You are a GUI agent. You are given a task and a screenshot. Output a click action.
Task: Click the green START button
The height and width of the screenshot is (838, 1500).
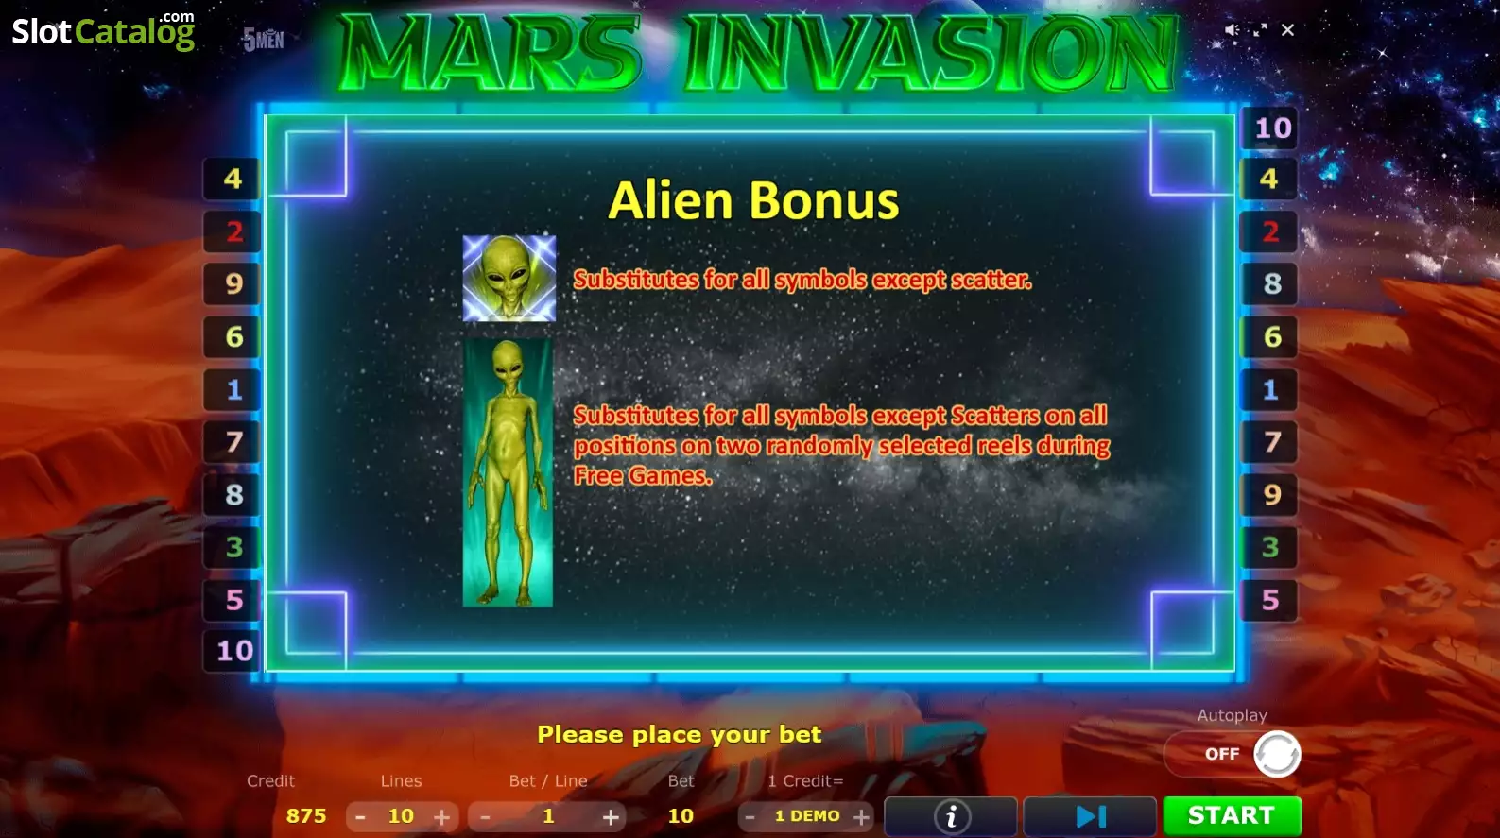point(1233,816)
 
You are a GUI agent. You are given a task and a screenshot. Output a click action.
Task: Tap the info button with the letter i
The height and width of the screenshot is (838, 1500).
point(951,816)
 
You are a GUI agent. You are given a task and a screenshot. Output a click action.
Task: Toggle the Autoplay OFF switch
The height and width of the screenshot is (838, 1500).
point(1233,754)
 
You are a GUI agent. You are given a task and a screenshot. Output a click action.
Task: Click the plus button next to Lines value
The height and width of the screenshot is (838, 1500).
point(442,817)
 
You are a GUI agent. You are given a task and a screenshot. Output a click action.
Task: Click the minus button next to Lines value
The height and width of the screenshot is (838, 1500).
point(360,817)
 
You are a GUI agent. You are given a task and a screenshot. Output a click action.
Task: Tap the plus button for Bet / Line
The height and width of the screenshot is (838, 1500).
point(610,817)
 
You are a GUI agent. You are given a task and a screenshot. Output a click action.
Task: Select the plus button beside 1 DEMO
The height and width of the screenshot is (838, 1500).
point(861,817)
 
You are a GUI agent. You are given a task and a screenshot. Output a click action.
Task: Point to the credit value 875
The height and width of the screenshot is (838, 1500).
point(306,816)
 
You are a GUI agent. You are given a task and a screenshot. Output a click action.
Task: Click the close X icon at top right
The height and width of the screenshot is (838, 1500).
point(1287,30)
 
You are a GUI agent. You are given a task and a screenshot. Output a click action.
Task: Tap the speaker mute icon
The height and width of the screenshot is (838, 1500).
point(1232,30)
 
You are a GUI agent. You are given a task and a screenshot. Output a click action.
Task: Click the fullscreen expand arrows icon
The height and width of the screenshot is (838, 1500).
point(1260,30)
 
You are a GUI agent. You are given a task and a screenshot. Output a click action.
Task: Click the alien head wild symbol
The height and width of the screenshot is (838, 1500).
point(509,279)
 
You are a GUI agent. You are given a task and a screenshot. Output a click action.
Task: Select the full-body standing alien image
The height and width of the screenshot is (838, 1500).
point(508,473)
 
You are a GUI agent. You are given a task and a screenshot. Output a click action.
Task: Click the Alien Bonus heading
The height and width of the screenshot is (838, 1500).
point(753,200)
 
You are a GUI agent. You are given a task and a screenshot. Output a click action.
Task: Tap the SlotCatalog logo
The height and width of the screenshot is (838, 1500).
point(104,31)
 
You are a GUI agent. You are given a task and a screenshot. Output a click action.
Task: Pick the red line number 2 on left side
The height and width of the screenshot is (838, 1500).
point(233,231)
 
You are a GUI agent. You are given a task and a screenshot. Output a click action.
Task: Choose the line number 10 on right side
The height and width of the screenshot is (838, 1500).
point(1270,128)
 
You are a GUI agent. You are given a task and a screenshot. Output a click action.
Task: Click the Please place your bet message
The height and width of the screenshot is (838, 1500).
point(679,735)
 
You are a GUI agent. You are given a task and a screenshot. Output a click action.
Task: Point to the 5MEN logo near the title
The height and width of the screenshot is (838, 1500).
point(263,41)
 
